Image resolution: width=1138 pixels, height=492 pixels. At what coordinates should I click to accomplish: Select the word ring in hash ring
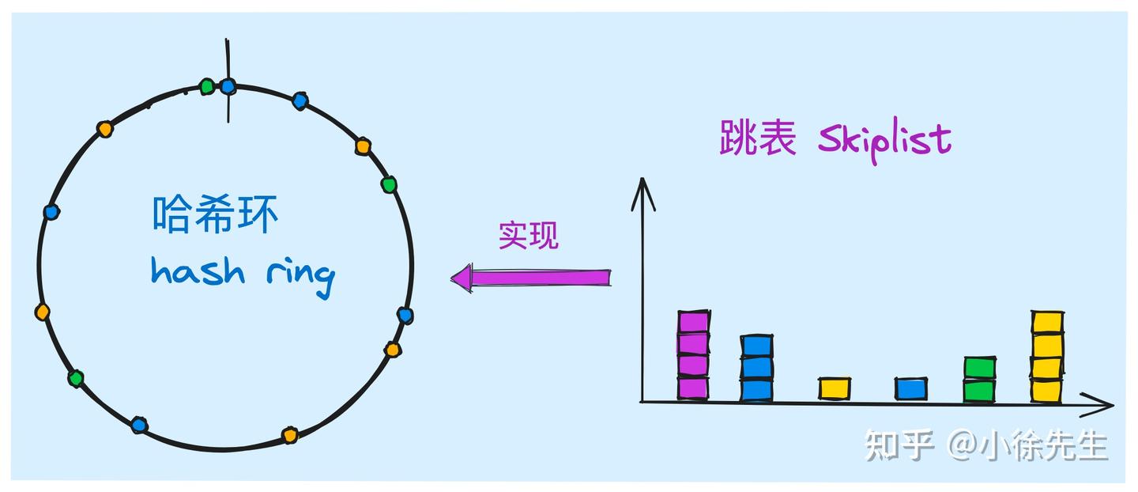(x=298, y=274)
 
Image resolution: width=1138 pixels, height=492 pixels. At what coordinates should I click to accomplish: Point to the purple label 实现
(x=528, y=235)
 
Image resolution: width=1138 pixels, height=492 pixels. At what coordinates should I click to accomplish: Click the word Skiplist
(x=884, y=141)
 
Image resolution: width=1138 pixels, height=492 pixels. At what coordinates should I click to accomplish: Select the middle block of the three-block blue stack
(x=756, y=368)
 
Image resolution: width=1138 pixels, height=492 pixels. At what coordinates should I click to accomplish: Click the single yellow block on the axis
(x=835, y=388)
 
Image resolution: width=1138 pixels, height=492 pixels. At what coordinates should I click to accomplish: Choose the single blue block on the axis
(x=910, y=388)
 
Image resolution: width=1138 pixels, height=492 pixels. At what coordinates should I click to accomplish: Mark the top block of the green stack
(x=979, y=368)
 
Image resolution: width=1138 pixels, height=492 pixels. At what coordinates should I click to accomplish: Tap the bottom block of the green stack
(x=979, y=391)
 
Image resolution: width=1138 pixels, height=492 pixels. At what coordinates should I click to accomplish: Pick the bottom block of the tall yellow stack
(x=1046, y=390)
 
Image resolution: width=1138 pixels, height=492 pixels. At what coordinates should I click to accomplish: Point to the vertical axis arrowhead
(x=643, y=190)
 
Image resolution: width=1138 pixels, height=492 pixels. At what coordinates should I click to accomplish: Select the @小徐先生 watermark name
(x=1027, y=445)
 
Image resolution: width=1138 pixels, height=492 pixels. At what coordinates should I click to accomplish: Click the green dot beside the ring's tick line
(x=207, y=85)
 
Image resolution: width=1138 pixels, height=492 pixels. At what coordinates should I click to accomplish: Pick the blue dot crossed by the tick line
(x=228, y=85)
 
